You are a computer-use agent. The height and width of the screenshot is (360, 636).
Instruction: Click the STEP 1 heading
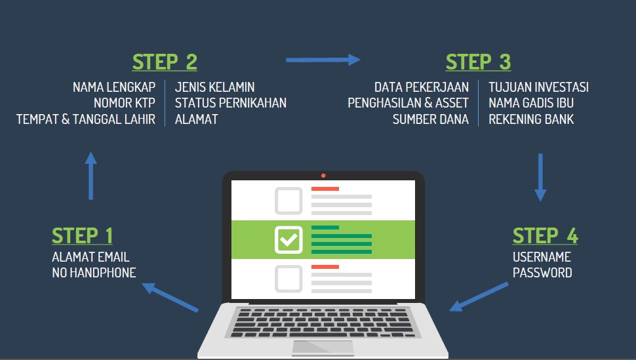(x=83, y=235)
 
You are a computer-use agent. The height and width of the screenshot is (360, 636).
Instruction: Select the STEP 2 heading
(x=165, y=62)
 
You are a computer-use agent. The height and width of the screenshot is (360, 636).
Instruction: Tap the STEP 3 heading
(x=478, y=62)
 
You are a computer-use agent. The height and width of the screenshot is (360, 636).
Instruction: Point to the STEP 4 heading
(x=545, y=235)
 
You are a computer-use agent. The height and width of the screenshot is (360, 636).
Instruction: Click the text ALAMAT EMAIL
(x=90, y=257)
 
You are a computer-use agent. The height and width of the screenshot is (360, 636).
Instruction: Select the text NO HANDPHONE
(x=94, y=273)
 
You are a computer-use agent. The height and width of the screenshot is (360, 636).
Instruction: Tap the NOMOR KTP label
(x=125, y=103)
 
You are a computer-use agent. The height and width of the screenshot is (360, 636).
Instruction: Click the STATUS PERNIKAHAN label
(x=231, y=103)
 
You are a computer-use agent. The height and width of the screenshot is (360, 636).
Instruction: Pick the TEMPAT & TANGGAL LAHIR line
(x=86, y=119)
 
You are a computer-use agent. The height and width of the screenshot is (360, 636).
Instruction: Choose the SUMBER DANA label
(x=431, y=119)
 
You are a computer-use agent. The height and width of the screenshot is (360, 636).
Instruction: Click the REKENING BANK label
(x=531, y=119)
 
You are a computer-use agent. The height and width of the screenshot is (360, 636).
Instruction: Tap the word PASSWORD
(x=542, y=273)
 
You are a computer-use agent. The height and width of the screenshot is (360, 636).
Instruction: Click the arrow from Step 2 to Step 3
(x=323, y=60)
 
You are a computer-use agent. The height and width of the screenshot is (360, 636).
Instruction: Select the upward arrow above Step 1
(x=90, y=176)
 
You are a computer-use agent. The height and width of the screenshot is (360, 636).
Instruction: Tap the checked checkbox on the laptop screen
(x=288, y=239)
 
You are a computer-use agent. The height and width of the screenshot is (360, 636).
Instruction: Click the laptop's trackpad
(x=323, y=348)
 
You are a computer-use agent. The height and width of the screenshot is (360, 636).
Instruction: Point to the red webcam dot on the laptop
(x=323, y=175)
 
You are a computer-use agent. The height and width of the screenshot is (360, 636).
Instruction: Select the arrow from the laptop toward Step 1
(x=170, y=297)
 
